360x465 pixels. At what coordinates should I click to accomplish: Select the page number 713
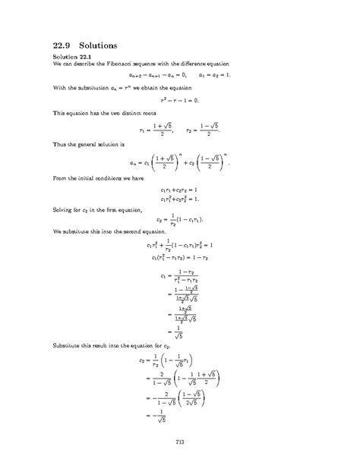click(180, 441)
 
